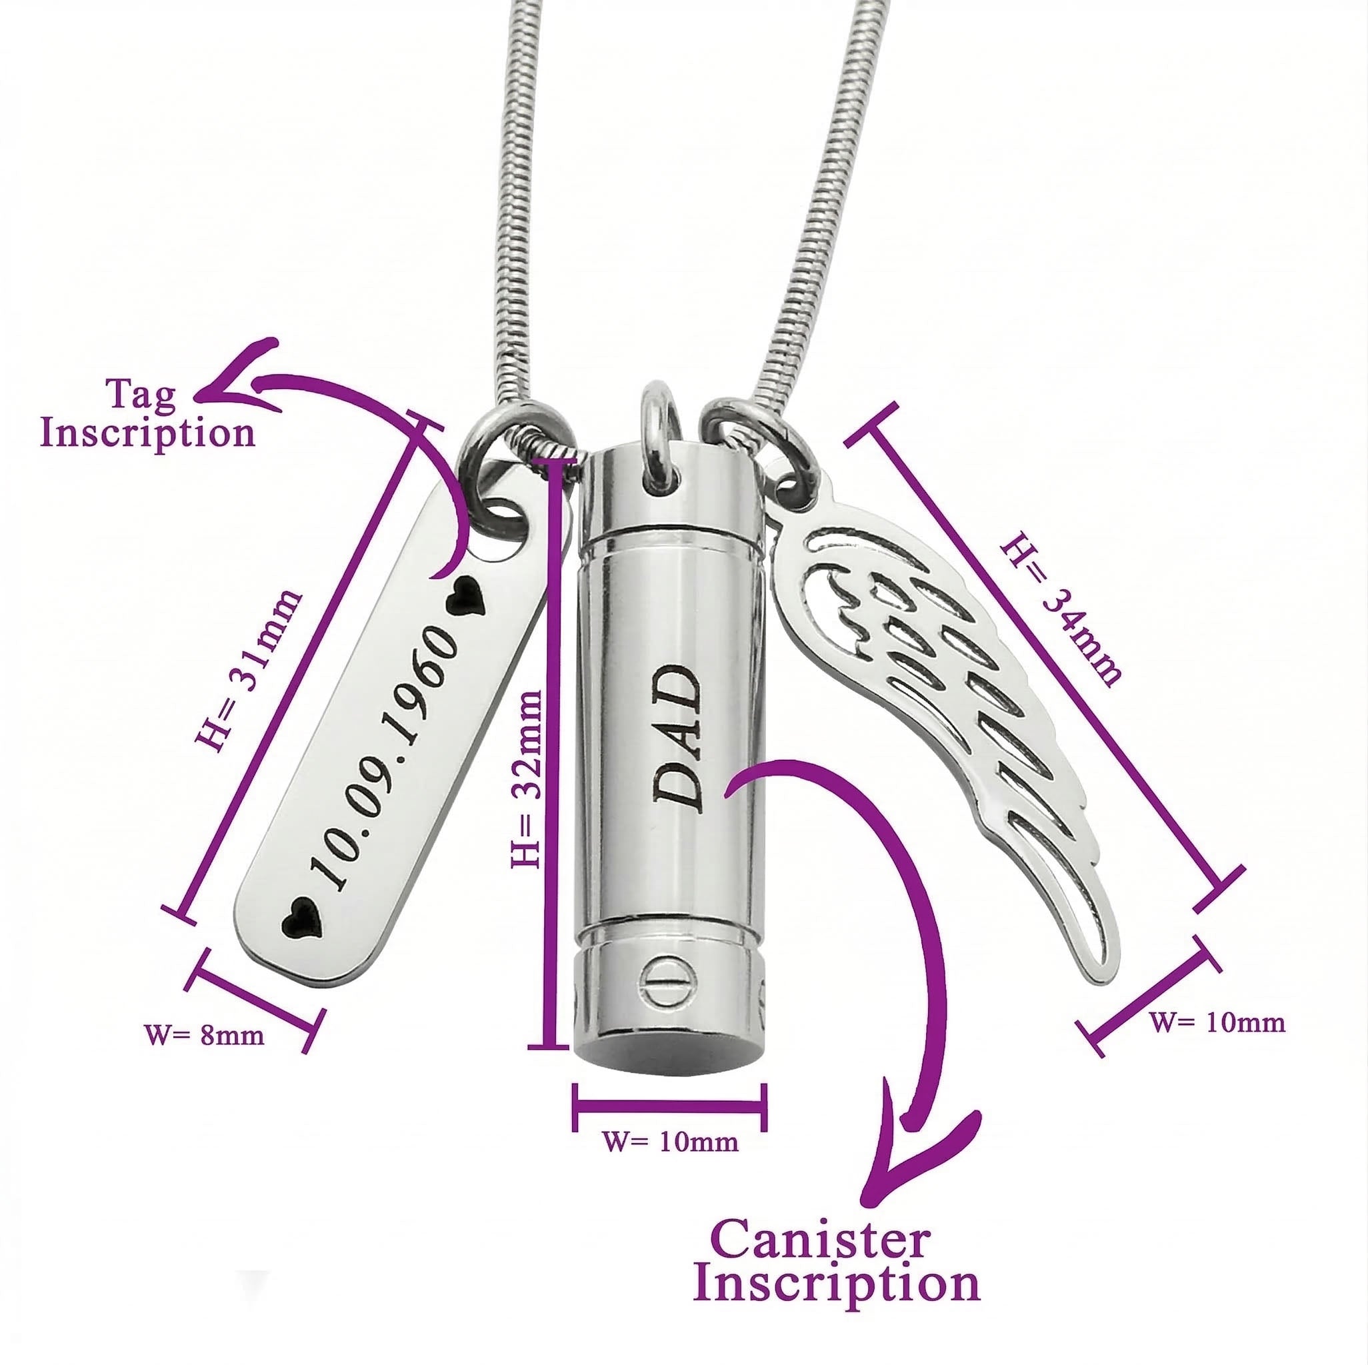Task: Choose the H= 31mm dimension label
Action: [x=248, y=670]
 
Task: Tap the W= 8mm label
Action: [x=205, y=1035]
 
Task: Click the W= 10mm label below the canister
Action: [x=670, y=1141]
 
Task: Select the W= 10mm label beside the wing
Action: [x=1216, y=1023]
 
